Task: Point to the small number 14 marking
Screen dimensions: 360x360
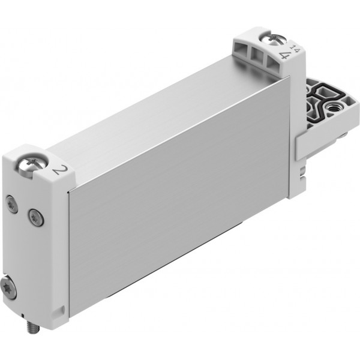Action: click(x=295, y=49)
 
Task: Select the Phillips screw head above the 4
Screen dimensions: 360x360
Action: click(x=274, y=40)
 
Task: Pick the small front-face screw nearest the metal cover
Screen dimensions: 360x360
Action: click(x=36, y=217)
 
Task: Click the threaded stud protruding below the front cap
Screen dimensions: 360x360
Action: click(x=33, y=327)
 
